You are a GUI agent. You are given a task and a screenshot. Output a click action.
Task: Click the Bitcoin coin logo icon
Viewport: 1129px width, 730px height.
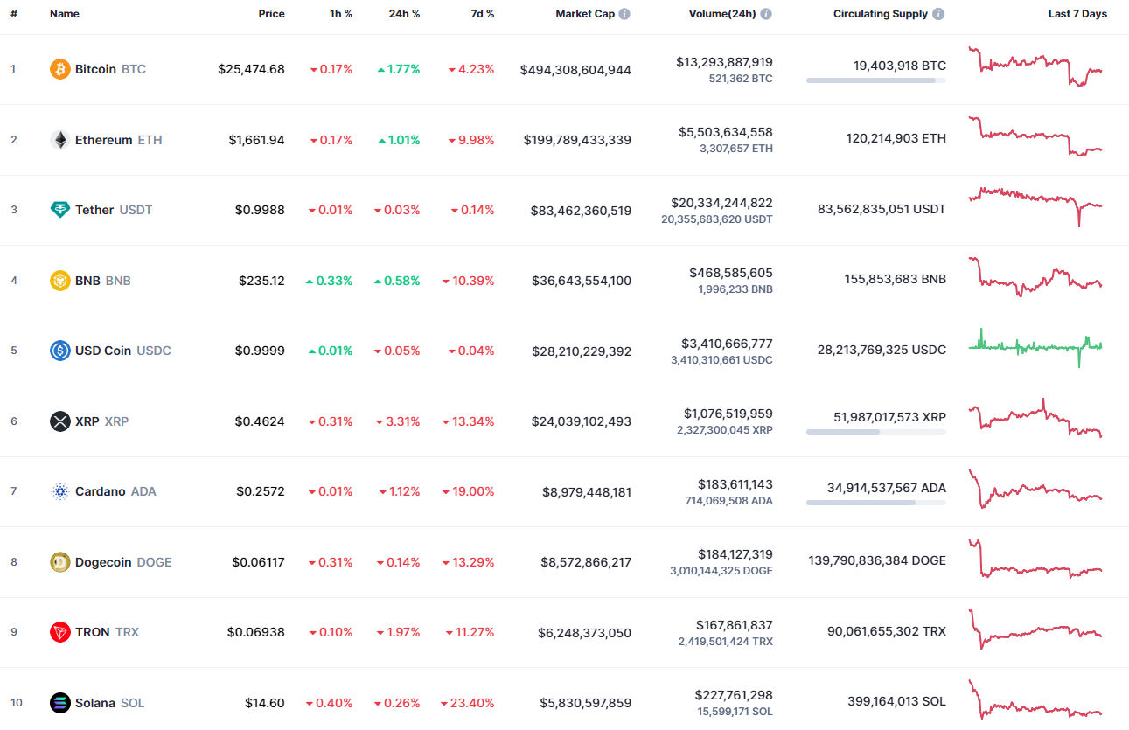[x=60, y=69]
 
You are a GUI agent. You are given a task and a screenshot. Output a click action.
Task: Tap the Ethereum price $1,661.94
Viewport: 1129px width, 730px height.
[x=256, y=140]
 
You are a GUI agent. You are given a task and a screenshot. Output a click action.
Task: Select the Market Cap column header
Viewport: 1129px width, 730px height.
[x=585, y=14]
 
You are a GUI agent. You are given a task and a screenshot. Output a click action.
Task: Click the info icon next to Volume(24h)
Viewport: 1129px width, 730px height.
[x=766, y=14]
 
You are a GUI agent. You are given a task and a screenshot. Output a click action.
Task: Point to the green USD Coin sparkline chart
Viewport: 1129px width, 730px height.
[x=1035, y=346]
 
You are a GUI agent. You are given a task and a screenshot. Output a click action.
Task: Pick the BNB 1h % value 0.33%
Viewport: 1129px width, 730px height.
[x=335, y=281]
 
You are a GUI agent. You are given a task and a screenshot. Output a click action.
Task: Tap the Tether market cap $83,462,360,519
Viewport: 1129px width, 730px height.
[x=581, y=211]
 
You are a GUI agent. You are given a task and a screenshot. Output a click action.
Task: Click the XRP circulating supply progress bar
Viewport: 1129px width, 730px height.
[x=875, y=432]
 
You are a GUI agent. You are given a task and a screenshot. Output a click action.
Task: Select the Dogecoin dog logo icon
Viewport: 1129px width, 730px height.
[x=60, y=562]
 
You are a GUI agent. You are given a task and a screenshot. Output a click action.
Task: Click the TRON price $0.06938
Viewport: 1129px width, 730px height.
[x=255, y=632]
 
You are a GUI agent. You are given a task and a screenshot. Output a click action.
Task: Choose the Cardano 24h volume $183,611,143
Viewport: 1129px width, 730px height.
[x=735, y=483]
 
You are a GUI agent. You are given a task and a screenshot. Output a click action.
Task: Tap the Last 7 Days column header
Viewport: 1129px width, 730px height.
[x=1077, y=14]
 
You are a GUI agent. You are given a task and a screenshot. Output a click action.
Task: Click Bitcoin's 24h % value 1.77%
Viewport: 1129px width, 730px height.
[x=404, y=69]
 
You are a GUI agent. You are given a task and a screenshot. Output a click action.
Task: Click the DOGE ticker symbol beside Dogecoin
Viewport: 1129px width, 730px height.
[x=155, y=562]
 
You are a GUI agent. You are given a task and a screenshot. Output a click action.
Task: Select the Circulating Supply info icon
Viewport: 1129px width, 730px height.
[x=938, y=14]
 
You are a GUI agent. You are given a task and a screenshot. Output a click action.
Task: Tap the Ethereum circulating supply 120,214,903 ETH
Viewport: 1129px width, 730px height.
[x=896, y=138]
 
